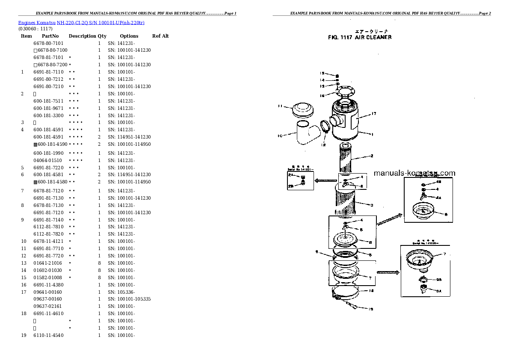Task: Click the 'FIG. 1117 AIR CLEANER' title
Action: click(x=359, y=37)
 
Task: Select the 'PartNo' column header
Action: click(x=50, y=36)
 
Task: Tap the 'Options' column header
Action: click(x=129, y=36)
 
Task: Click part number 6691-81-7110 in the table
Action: click(x=48, y=72)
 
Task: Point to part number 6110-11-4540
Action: click(x=48, y=335)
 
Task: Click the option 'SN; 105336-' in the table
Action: click(x=121, y=292)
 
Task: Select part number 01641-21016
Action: click(x=47, y=263)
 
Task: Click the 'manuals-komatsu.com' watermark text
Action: click(x=414, y=173)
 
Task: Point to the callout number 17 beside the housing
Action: click(x=373, y=114)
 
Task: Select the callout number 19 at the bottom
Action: click(x=370, y=309)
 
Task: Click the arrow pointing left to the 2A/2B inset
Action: click(x=326, y=180)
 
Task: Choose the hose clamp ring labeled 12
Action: click(x=325, y=126)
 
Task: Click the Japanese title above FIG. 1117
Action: click(x=360, y=31)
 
